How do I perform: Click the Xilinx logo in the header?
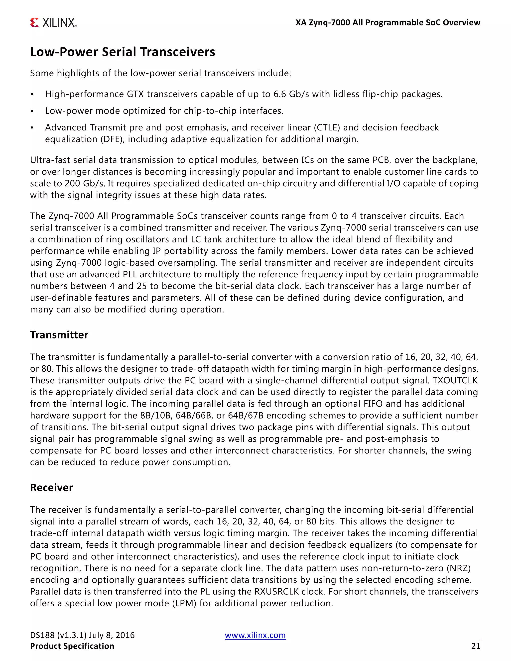pyautogui.click(x=53, y=23)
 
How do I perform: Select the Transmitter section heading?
pyautogui.click(x=59, y=335)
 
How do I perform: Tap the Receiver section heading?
pyautogui.click(x=51, y=488)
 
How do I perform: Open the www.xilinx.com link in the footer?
pyautogui.click(x=255, y=635)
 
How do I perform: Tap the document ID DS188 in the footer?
pyautogui.click(x=42, y=635)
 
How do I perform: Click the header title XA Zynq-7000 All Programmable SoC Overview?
pyautogui.click(x=388, y=23)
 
